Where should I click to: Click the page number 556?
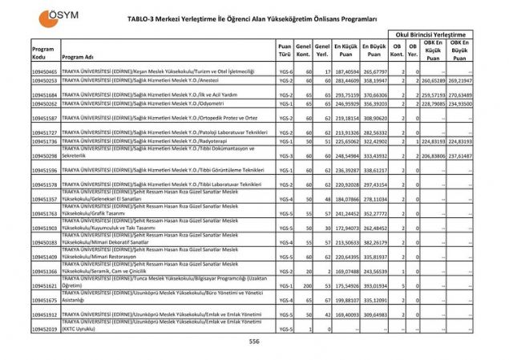tap(254, 341)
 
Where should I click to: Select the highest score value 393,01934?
tap(374, 285)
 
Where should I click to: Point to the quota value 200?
tap(305, 285)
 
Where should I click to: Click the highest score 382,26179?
tap(374, 241)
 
